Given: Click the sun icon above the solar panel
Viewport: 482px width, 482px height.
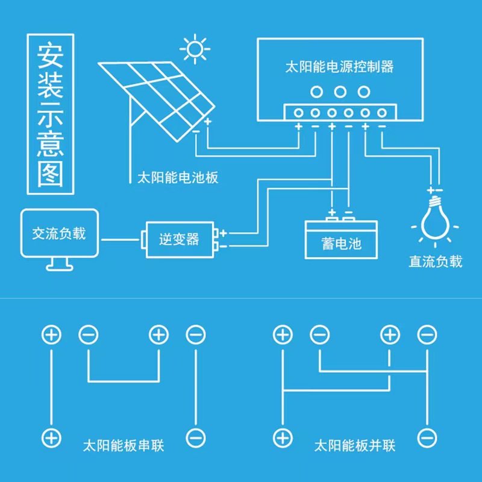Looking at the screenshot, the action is click(x=195, y=49).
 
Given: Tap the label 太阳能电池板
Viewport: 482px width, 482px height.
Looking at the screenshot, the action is click(x=178, y=178).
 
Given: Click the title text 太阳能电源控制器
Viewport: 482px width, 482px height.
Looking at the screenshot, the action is click(x=339, y=67).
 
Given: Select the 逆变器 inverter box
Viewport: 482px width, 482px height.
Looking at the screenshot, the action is click(x=180, y=239).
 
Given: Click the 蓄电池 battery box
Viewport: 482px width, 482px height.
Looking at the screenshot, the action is click(x=341, y=240).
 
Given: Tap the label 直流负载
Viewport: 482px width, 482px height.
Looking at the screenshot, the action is click(x=435, y=261).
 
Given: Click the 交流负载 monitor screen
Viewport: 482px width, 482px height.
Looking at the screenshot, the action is click(x=60, y=233).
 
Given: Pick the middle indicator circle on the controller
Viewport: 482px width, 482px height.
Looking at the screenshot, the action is click(x=340, y=92).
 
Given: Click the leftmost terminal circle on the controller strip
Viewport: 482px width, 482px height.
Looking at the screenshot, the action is click(x=298, y=113).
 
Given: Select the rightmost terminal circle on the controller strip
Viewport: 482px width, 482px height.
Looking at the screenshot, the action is click(x=382, y=113).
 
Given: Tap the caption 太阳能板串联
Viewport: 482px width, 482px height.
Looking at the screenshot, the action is click(x=124, y=445).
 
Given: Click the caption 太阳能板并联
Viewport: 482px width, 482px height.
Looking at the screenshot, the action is click(x=355, y=445).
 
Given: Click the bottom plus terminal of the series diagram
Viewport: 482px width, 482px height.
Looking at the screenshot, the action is click(x=51, y=438).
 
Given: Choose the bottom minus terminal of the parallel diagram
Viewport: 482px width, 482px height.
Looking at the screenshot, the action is click(x=427, y=438).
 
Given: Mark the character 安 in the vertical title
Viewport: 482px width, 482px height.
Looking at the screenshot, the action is click(x=51, y=57).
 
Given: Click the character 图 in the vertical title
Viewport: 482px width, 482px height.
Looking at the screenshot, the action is click(x=51, y=174).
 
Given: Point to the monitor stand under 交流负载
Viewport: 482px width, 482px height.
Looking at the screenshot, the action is click(x=60, y=264).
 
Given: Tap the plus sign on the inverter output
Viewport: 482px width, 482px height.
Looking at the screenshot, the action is click(x=224, y=233).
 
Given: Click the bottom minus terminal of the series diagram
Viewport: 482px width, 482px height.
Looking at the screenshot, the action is click(x=196, y=438).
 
